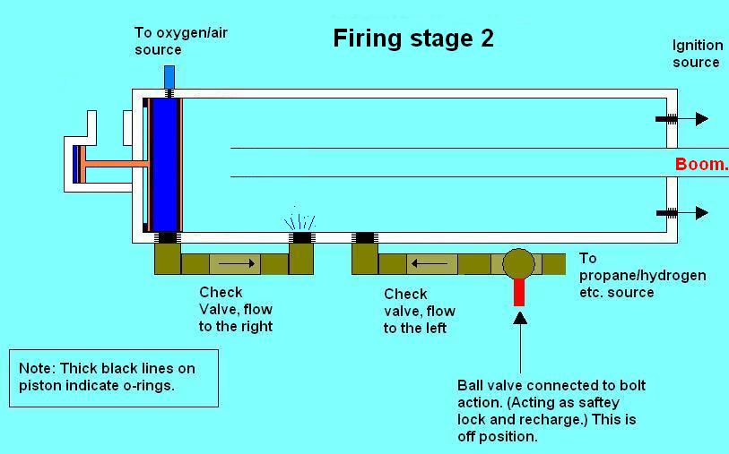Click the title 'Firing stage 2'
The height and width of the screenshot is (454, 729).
[413, 39]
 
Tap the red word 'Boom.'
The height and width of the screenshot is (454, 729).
[701, 164]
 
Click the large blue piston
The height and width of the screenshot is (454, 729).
[165, 165]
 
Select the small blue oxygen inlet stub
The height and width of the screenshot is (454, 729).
[169, 77]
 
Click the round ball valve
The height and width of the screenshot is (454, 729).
[518, 263]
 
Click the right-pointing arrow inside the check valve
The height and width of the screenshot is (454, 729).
[237, 264]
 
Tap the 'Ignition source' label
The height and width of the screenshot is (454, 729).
[696, 54]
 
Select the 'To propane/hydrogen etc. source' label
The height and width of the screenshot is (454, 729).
[642, 275]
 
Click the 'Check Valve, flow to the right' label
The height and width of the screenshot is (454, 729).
[235, 309]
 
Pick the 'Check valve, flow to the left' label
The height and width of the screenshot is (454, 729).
[419, 311]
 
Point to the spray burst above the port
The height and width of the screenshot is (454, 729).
[301, 221]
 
